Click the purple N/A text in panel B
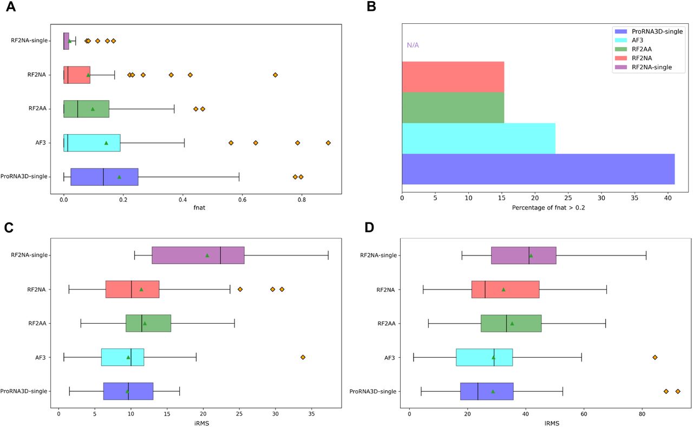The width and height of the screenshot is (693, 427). (x=413, y=45)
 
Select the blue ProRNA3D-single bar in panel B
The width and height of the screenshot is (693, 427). (x=538, y=169)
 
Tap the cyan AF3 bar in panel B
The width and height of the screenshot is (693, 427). (x=478, y=138)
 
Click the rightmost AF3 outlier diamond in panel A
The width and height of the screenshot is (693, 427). (x=328, y=142)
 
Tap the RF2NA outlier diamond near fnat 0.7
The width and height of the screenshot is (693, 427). (x=275, y=75)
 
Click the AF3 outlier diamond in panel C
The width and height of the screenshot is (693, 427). (x=303, y=357)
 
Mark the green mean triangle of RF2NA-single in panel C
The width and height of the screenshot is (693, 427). (x=207, y=255)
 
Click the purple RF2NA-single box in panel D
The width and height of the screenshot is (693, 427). (x=524, y=255)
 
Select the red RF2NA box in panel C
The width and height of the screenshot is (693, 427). (x=132, y=290)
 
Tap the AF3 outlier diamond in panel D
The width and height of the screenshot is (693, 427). (x=655, y=357)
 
